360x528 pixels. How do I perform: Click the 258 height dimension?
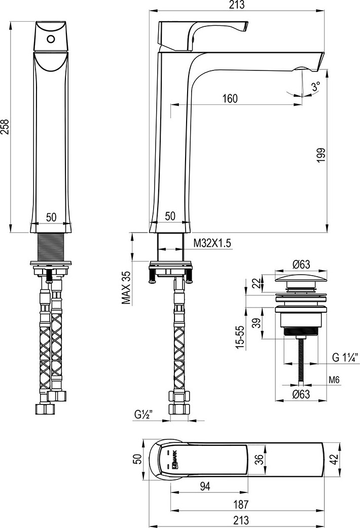click(x=5, y=127)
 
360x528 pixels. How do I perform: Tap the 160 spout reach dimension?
click(x=230, y=98)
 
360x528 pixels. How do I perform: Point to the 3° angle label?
click(x=316, y=87)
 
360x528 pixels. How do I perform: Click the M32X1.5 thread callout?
click(x=212, y=243)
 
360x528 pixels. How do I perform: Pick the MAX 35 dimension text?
click(x=126, y=288)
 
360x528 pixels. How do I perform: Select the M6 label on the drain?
click(x=334, y=380)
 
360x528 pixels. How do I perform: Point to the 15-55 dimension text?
click(x=239, y=336)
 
